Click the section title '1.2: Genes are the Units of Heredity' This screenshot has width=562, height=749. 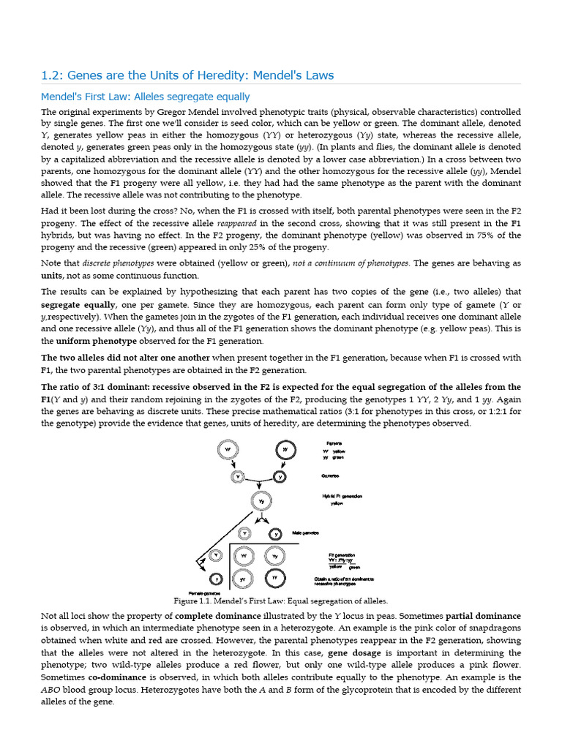pos(187,75)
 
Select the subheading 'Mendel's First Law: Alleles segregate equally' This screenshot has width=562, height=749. pos(145,97)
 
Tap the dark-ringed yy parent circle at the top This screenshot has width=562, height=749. pos(285,451)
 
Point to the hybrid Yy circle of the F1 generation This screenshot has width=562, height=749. pos(260,501)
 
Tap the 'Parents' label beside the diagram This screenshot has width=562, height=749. pos(334,443)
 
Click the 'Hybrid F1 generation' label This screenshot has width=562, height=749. pos(342,497)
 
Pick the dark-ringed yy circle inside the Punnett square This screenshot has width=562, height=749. pos(274,578)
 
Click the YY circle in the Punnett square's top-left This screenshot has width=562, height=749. pos(245,557)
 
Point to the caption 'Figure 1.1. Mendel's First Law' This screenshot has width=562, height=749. pos(280,600)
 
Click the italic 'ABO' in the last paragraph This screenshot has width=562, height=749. pos(51,690)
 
